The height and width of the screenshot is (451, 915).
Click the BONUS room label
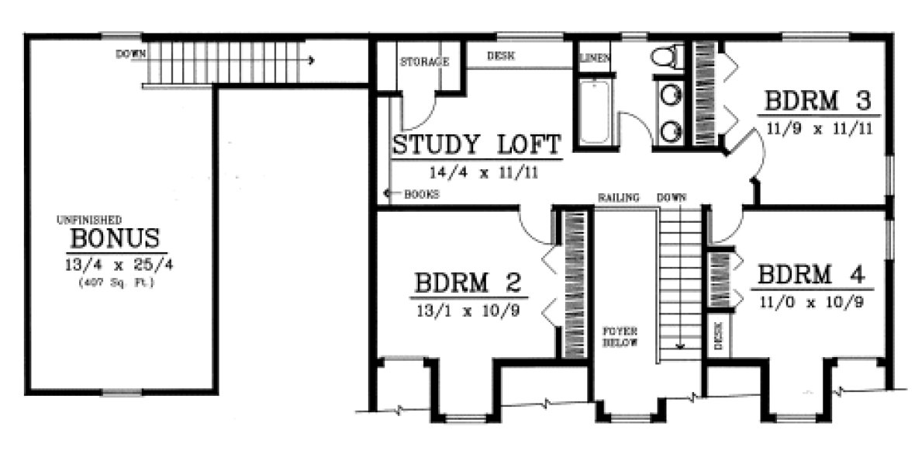116,238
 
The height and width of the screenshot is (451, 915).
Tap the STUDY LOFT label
476,145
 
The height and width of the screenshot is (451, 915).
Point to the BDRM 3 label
820,102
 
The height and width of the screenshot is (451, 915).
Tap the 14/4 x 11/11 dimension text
476,174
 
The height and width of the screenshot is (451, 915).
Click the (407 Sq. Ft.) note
116,283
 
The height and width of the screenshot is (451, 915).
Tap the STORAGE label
423,61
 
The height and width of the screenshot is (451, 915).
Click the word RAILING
617,197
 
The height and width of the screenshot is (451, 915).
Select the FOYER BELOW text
620,336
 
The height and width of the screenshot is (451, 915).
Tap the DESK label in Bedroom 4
718,335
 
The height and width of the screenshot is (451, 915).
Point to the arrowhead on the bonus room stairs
310,59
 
